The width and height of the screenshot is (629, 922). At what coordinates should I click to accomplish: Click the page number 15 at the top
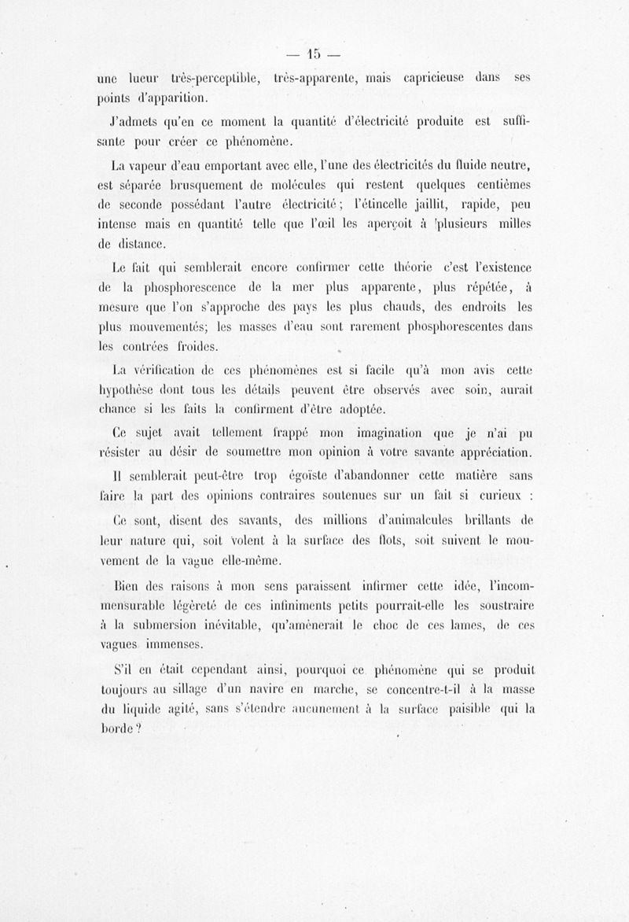(x=315, y=54)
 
